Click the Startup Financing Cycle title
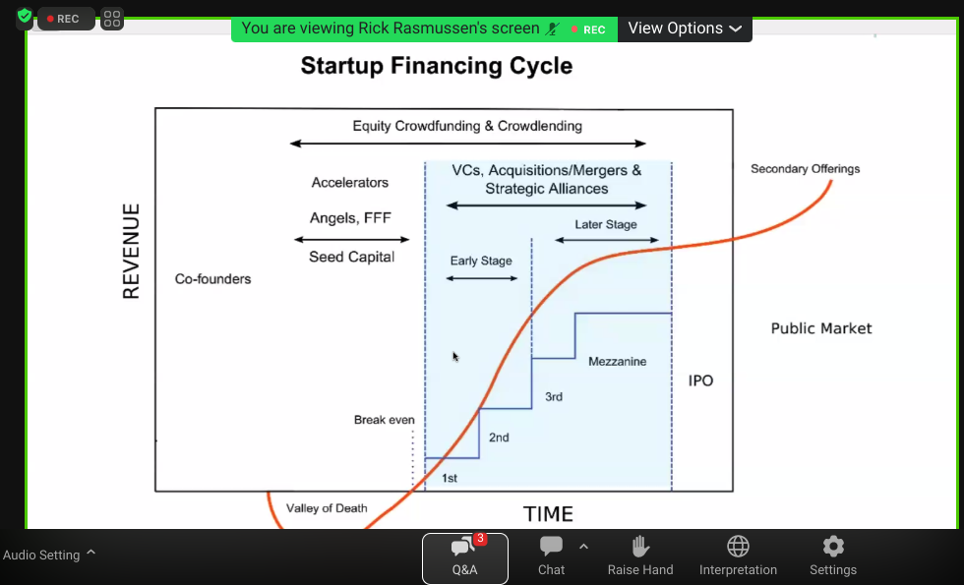click(437, 66)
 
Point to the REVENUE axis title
click(131, 252)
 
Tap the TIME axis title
click(549, 513)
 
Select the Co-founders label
click(212, 279)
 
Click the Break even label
click(385, 420)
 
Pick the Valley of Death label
click(327, 508)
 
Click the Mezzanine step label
click(618, 362)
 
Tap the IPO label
click(700, 380)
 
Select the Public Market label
click(821, 328)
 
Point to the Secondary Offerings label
click(806, 168)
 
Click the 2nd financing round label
click(499, 438)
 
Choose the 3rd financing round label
click(554, 397)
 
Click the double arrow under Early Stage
click(482, 278)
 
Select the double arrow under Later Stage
click(607, 240)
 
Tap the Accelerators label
click(350, 183)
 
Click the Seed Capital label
click(352, 257)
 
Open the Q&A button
click(464, 558)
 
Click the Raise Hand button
click(640, 556)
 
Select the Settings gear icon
click(833, 546)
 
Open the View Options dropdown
click(685, 29)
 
